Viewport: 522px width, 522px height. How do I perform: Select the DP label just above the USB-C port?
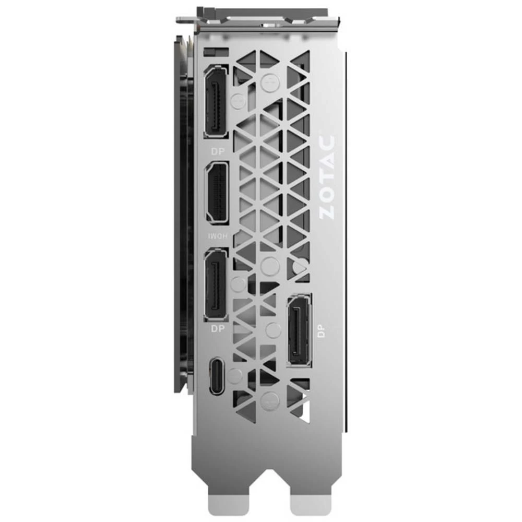coord(216,329)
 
